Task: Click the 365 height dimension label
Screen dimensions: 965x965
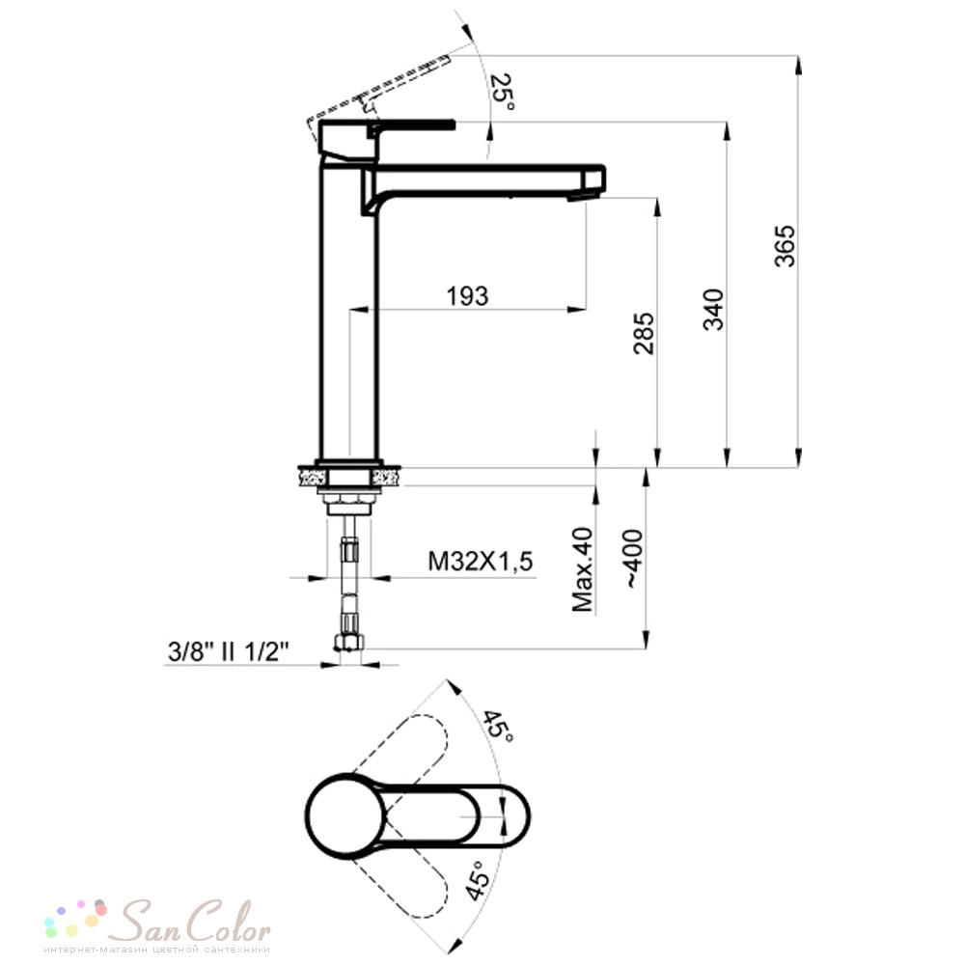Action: pos(785,246)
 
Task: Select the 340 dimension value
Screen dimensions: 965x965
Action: pos(714,310)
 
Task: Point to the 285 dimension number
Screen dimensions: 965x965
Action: pos(645,334)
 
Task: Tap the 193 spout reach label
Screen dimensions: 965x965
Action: pos(468,296)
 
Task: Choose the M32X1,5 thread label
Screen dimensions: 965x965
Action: pos(480,562)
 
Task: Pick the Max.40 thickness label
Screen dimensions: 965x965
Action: pos(583,569)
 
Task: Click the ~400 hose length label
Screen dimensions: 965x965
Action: pos(635,559)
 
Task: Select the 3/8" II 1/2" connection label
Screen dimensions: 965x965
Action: pos(229,651)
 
